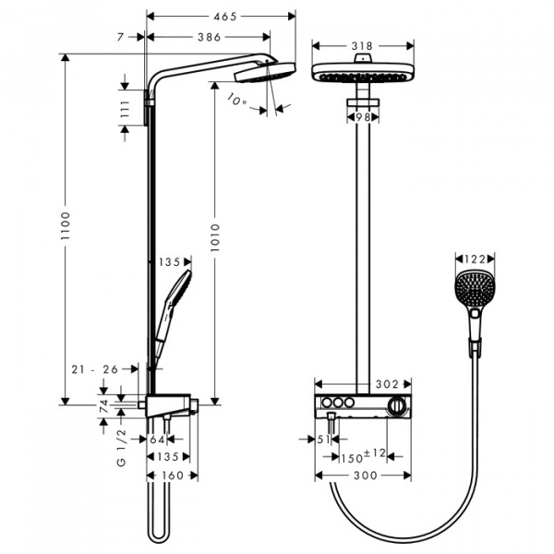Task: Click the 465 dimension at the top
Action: click(221, 17)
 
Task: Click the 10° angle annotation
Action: click(238, 101)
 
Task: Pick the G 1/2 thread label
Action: click(121, 447)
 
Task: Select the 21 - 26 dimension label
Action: click(97, 369)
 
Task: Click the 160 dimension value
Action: click(172, 475)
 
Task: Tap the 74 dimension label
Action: click(105, 403)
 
